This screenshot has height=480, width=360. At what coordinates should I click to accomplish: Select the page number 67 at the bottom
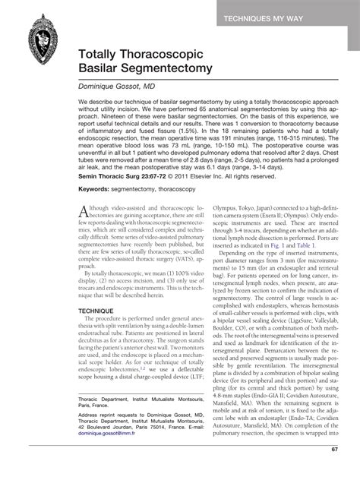[x=334, y=470]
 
